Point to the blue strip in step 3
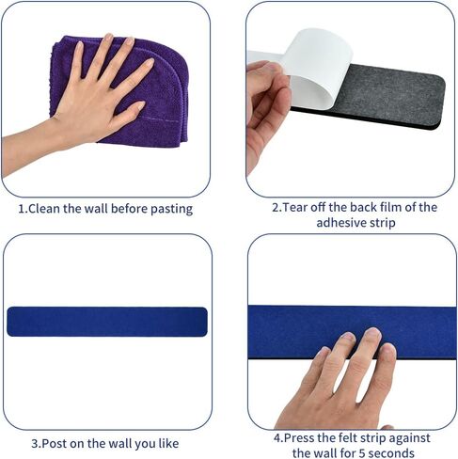click(107, 322)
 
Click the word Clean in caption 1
click(44, 209)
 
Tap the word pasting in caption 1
click(171, 210)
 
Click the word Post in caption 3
click(55, 443)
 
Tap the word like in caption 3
click(168, 443)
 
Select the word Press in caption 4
click(299, 437)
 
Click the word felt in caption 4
click(348, 437)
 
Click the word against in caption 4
click(409, 438)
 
